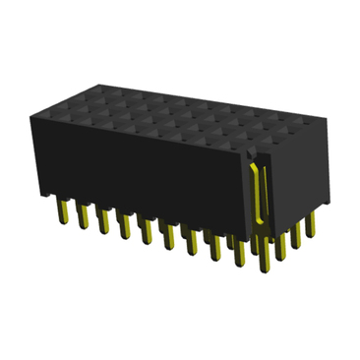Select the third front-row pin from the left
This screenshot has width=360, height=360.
[x=103, y=220]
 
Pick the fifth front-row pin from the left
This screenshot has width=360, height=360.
[x=147, y=232]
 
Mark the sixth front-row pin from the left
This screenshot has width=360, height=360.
[x=169, y=239]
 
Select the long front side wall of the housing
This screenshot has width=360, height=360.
[x=138, y=172]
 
